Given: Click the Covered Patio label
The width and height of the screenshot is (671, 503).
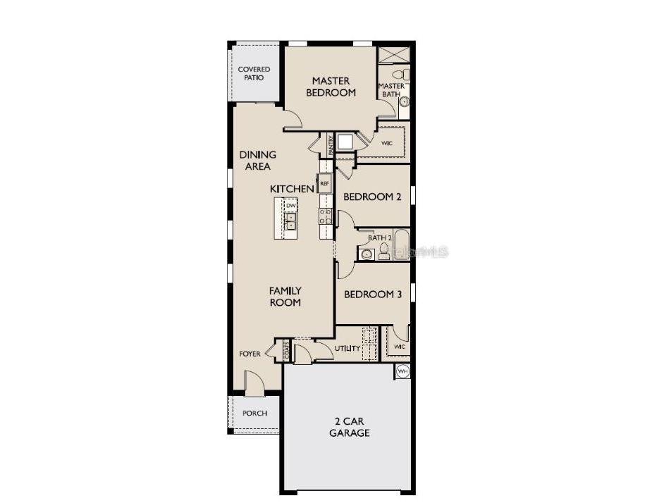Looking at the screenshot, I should click(x=254, y=73).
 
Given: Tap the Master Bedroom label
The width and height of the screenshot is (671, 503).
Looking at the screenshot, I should click(x=331, y=87).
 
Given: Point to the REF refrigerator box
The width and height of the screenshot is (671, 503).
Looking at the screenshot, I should click(x=325, y=183).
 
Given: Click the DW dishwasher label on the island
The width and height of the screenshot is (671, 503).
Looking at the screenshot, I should click(x=290, y=206).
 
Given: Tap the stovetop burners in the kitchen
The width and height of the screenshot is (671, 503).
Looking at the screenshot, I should click(x=326, y=216).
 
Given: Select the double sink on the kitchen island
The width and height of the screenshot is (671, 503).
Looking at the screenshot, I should click(x=290, y=220).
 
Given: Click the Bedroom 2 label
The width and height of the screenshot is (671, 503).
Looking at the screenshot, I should click(x=372, y=197).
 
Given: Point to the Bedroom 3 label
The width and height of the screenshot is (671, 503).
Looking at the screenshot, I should click(x=372, y=294).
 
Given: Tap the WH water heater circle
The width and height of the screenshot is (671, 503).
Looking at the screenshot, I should click(x=402, y=371).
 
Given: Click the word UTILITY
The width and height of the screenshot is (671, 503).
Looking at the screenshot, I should click(x=347, y=348).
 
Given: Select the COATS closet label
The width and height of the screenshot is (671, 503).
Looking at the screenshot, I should click(x=287, y=350).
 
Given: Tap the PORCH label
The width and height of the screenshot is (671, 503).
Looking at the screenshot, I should click(x=254, y=414).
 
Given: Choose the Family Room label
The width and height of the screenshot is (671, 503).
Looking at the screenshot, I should click(x=285, y=296).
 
